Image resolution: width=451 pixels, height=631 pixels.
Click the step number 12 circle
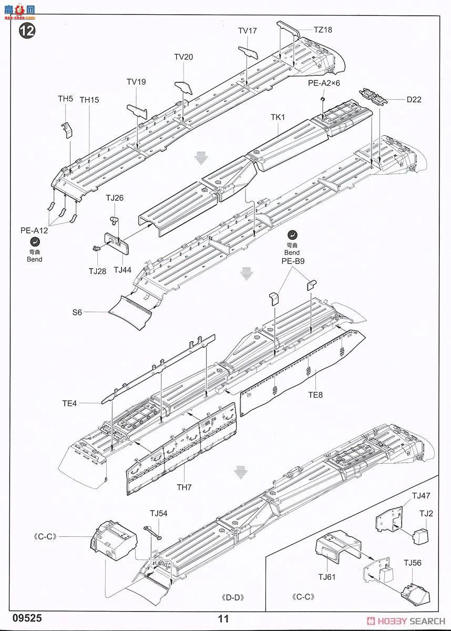[x=27, y=30]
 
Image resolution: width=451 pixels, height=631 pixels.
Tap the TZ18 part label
[x=323, y=30]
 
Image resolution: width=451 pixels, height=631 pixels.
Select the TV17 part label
[x=247, y=31]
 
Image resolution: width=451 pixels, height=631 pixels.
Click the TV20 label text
[x=183, y=57]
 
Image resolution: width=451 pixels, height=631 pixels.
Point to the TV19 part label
[x=136, y=82]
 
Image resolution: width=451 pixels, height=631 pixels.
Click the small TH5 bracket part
[x=67, y=129]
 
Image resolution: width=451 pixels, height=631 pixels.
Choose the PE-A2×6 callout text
[x=324, y=83]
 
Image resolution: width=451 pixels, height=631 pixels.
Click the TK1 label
[x=278, y=117]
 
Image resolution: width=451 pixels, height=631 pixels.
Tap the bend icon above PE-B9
[x=292, y=235]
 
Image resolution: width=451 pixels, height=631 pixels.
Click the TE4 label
[x=69, y=404]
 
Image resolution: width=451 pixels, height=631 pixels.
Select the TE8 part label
[x=315, y=395]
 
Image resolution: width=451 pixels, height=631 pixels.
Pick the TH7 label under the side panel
[x=184, y=487]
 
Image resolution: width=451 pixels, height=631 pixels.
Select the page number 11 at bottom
[x=224, y=619]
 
